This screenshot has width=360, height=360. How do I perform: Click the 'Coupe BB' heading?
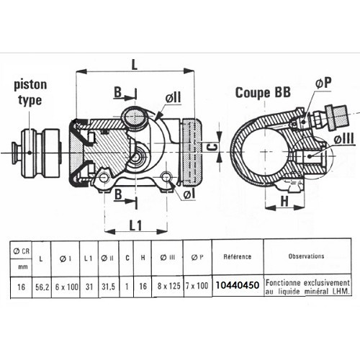tap(264, 93)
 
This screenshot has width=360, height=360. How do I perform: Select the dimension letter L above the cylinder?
tap(135, 63)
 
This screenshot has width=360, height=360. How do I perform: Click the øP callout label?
tap(323, 84)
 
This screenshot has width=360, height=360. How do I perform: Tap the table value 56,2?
tap(44, 286)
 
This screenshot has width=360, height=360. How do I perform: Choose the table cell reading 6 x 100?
tap(68, 286)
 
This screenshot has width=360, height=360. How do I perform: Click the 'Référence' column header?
tap(237, 256)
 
